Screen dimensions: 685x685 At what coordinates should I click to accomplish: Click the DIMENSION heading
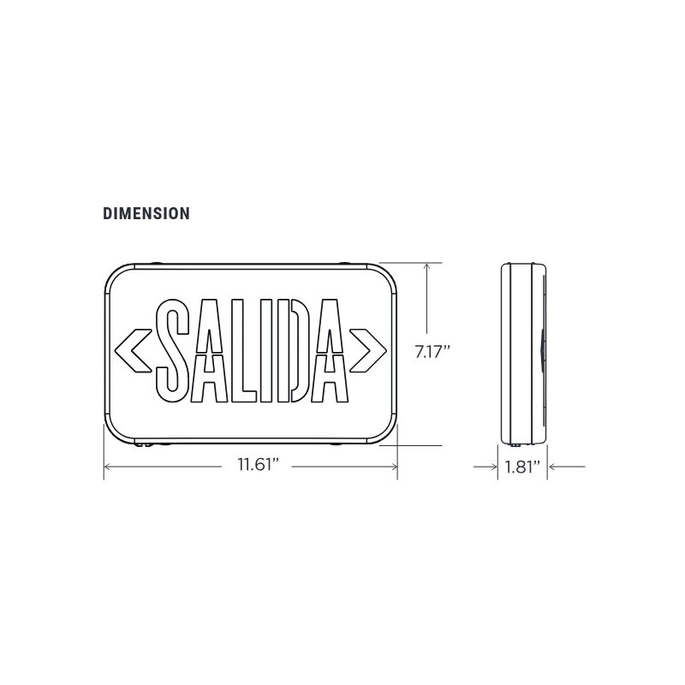[x=146, y=214]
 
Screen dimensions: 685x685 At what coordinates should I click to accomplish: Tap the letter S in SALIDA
[x=175, y=350]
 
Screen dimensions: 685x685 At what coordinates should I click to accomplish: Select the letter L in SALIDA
[x=242, y=350]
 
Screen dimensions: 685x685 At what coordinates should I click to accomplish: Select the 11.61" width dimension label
[x=259, y=467]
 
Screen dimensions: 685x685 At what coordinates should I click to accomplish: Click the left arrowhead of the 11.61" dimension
[x=109, y=467]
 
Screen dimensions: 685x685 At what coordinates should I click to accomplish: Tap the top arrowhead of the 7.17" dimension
[x=426, y=267]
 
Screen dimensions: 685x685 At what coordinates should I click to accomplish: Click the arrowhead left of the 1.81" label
[x=494, y=467]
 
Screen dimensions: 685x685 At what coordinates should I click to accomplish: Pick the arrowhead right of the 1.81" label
[x=553, y=467]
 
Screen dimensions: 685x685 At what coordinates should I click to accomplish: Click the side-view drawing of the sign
[x=522, y=354]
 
